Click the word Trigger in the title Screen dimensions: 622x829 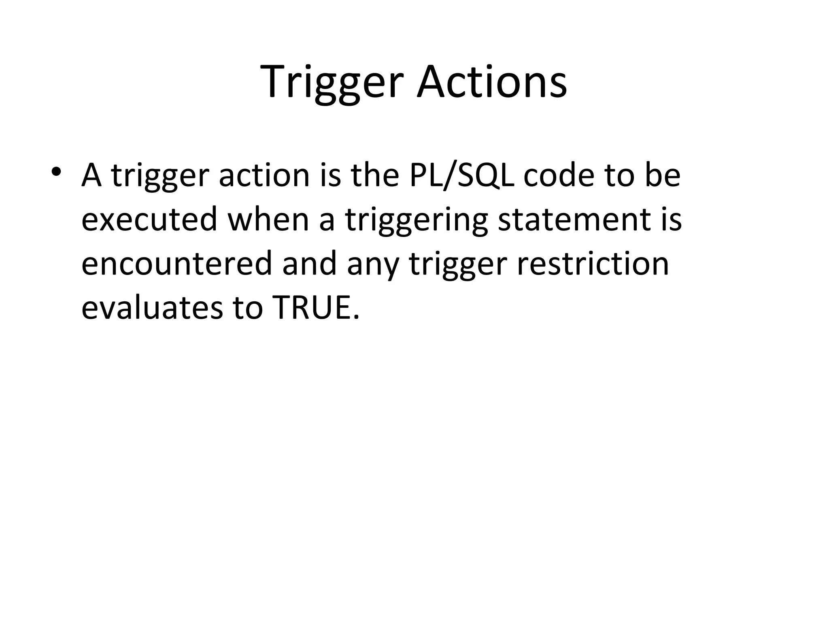[332, 83]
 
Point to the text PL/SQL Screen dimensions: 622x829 [461, 177]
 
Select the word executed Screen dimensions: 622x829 [149, 220]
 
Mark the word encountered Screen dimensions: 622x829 [176, 264]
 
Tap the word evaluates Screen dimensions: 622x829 [152, 307]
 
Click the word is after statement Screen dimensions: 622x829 [671, 220]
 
